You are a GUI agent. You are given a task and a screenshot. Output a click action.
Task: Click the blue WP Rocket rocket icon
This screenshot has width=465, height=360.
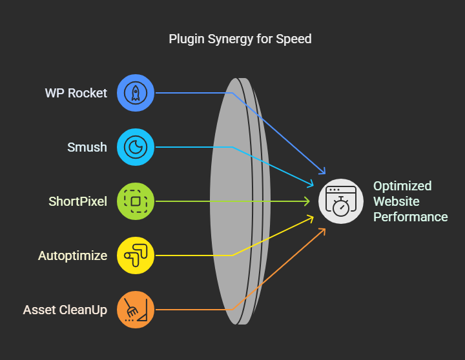[x=136, y=93]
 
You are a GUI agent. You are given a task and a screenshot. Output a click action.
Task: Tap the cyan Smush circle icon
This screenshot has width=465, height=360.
[x=136, y=147]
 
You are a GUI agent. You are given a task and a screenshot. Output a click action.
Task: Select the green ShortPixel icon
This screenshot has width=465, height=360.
[x=136, y=201]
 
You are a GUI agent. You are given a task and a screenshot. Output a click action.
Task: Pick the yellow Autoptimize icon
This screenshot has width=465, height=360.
[x=136, y=255]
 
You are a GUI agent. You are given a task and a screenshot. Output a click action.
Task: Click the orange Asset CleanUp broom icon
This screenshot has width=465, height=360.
[x=136, y=310]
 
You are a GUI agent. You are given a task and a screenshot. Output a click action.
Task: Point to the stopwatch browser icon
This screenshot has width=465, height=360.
[x=341, y=201]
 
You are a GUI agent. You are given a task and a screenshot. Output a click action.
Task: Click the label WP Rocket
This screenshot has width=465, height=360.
[x=76, y=93]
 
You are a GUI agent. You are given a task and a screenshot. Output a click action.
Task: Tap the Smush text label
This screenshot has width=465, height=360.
[x=87, y=147]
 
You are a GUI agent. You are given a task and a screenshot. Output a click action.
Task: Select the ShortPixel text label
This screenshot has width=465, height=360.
[x=77, y=201]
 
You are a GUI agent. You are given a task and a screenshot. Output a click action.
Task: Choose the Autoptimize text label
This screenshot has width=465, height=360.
[x=72, y=255]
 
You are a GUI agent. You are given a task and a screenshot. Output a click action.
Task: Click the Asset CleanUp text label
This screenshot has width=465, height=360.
[x=65, y=310]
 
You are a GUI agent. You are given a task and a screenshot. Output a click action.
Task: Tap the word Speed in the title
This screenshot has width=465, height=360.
[x=294, y=39]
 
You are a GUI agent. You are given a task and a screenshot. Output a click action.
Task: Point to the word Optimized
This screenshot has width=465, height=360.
[x=402, y=186]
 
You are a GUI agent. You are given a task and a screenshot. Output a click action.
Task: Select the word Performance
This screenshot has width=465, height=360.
[x=411, y=217]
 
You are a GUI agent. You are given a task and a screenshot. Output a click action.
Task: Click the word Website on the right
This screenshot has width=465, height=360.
[x=396, y=201]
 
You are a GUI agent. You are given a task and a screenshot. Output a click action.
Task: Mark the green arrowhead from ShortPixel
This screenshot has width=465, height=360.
[x=307, y=201]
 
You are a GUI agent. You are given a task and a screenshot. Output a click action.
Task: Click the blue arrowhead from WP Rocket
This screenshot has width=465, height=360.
[x=323, y=171]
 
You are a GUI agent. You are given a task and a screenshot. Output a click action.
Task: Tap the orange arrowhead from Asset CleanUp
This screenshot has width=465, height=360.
[x=323, y=231]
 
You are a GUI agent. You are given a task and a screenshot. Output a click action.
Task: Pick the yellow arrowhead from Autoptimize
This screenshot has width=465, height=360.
[x=310, y=219]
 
